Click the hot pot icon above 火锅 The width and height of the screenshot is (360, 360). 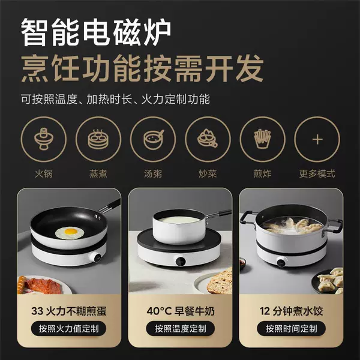tap(44, 139)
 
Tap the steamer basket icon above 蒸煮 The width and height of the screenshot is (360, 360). tap(98, 139)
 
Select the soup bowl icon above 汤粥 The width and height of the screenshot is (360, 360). tap(153, 139)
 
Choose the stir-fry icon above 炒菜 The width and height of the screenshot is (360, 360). tap(208, 139)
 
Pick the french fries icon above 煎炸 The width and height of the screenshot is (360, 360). tap(262, 139)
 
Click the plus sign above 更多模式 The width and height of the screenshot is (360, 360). tap(317, 139)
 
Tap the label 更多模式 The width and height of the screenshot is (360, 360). tap(317, 173)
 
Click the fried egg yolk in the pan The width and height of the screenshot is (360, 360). tap(71, 231)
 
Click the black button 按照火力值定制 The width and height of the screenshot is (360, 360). tap(68, 329)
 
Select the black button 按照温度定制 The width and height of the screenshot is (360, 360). tap(180, 329)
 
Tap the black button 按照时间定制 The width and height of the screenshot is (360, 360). tap(291, 329)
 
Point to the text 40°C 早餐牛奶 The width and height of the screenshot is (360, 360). tap(181, 311)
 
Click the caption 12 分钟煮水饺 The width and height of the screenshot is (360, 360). tap(292, 311)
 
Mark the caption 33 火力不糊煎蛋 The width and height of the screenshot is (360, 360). tap(69, 311)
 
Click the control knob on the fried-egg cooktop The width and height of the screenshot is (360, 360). tap(98, 257)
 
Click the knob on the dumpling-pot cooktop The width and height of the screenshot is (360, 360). tap(281, 262)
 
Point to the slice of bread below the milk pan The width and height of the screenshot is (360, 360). tap(220, 281)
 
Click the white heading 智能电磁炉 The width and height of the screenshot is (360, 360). tap(96, 32)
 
